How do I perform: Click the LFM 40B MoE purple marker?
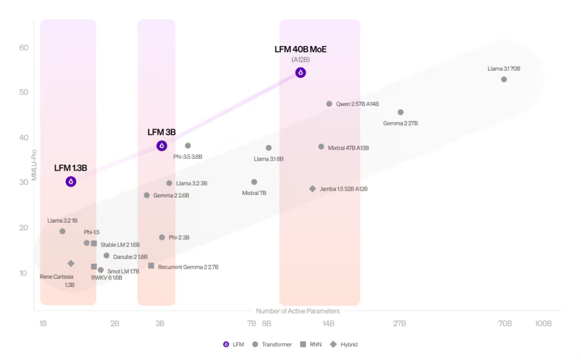(301, 73)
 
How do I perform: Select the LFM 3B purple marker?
(162, 146)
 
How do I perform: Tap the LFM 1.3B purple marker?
(71, 181)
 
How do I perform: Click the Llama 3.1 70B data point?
(504, 79)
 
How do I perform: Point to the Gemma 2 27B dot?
(401, 112)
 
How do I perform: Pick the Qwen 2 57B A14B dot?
(329, 104)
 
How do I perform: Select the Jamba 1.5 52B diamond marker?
(313, 189)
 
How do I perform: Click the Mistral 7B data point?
(254, 182)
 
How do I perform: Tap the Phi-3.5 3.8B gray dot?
(188, 146)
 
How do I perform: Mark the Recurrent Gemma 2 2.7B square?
(151, 266)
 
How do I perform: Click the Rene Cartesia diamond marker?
(71, 264)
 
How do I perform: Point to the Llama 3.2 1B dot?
(62, 231)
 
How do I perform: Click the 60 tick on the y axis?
(24, 48)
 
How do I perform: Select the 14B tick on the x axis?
(329, 324)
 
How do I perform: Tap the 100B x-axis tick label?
(543, 324)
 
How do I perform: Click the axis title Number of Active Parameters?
(298, 311)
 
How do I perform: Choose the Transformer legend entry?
(272, 344)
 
